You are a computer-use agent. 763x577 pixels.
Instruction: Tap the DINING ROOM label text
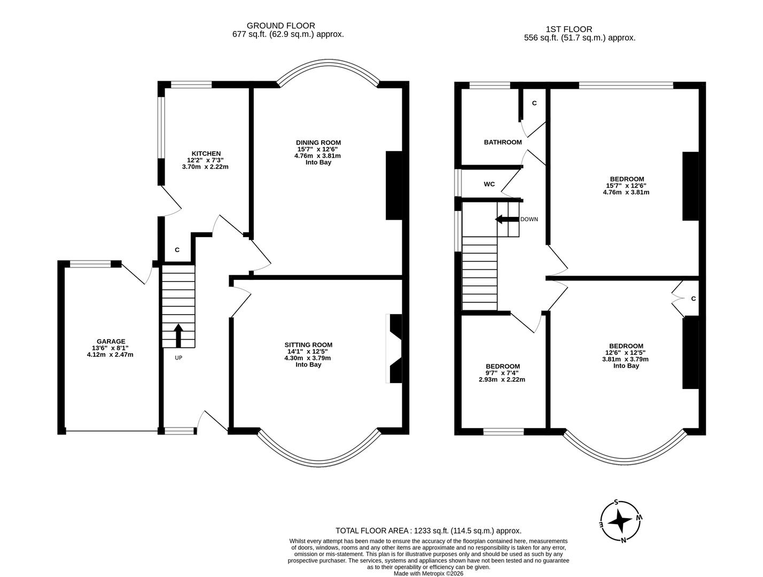click(318, 142)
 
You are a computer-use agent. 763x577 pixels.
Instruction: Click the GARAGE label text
click(111, 341)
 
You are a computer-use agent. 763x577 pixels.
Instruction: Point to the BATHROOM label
click(502, 142)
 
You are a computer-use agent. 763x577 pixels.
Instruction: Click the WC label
click(489, 184)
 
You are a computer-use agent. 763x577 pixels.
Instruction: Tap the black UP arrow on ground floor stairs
click(178, 336)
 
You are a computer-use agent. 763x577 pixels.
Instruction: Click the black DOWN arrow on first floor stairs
click(507, 219)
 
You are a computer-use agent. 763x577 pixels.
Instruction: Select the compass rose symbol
click(621, 520)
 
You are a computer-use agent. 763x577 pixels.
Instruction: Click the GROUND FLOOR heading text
click(281, 26)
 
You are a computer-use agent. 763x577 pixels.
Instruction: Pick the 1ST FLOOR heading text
click(569, 29)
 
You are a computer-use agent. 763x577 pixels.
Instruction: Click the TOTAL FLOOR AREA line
click(428, 531)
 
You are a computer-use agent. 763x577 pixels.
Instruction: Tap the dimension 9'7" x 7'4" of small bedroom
click(502, 373)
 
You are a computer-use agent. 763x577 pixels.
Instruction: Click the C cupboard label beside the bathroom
click(534, 103)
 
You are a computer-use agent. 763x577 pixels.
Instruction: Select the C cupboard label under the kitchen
click(177, 249)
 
